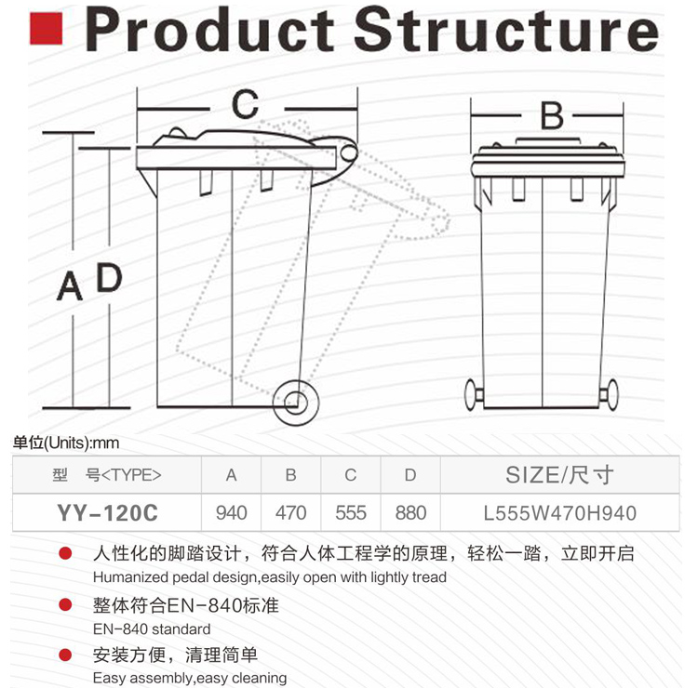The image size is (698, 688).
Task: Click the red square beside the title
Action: tap(46, 29)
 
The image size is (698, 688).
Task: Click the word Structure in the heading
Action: tap(506, 30)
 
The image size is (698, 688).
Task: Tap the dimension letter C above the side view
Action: tap(246, 104)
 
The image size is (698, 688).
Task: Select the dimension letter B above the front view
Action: tap(552, 115)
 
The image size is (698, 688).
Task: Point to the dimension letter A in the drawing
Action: tap(70, 286)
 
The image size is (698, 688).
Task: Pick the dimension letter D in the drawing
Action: tap(109, 277)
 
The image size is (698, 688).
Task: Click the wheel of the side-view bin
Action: tap(296, 403)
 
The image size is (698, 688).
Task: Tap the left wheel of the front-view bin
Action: tap(473, 394)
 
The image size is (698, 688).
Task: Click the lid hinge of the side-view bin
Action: tap(349, 153)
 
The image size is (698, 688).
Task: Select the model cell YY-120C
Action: tap(107, 513)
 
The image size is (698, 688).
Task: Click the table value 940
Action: tap(231, 513)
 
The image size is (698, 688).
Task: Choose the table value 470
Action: tap(290, 513)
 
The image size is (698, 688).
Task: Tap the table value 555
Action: tap(351, 513)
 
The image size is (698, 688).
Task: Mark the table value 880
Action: tap(410, 513)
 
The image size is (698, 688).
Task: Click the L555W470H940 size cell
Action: tap(560, 513)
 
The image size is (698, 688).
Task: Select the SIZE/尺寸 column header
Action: tap(559, 475)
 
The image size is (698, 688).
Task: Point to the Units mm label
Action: tap(66, 443)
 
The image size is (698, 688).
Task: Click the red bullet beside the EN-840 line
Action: tap(65, 605)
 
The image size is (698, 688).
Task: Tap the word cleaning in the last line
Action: tap(259, 678)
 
